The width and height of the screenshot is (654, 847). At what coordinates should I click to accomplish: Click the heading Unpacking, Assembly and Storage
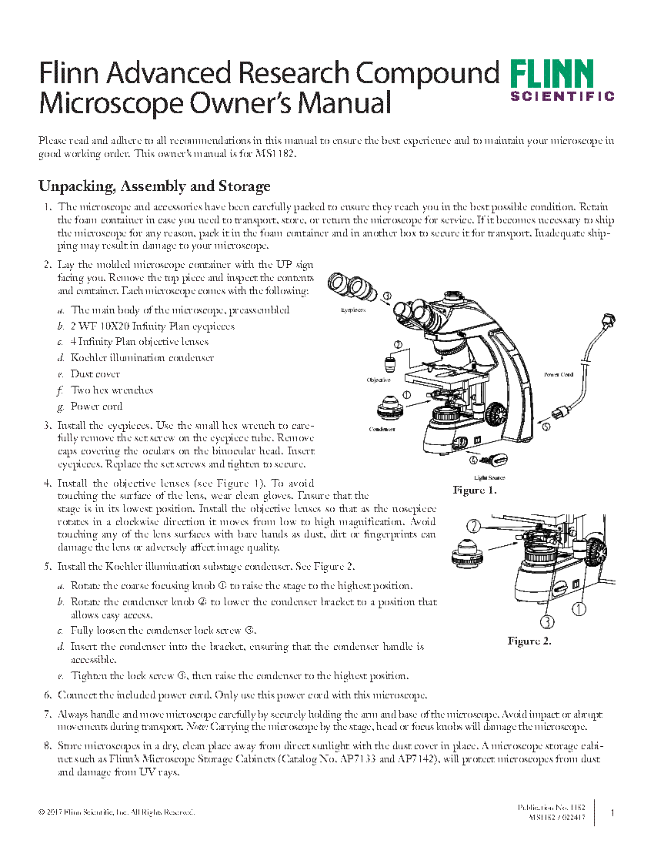click(154, 186)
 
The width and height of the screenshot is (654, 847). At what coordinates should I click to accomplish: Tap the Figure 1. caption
click(475, 490)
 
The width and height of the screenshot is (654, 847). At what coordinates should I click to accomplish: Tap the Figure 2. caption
click(529, 641)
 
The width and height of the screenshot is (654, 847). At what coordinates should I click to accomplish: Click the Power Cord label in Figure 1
click(559, 375)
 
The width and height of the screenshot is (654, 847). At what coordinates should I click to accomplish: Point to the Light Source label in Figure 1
click(489, 478)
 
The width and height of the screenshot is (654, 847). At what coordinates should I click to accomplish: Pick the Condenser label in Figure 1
click(382, 429)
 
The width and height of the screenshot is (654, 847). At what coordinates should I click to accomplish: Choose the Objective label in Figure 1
click(379, 380)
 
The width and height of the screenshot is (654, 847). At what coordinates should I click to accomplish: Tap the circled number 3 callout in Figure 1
click(386, 295)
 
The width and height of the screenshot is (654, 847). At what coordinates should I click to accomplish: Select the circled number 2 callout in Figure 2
click(475, 526)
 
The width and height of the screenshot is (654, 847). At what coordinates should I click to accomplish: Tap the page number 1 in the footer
click(612, 812)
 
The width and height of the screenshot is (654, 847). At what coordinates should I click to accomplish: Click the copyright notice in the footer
click(116, 812)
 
